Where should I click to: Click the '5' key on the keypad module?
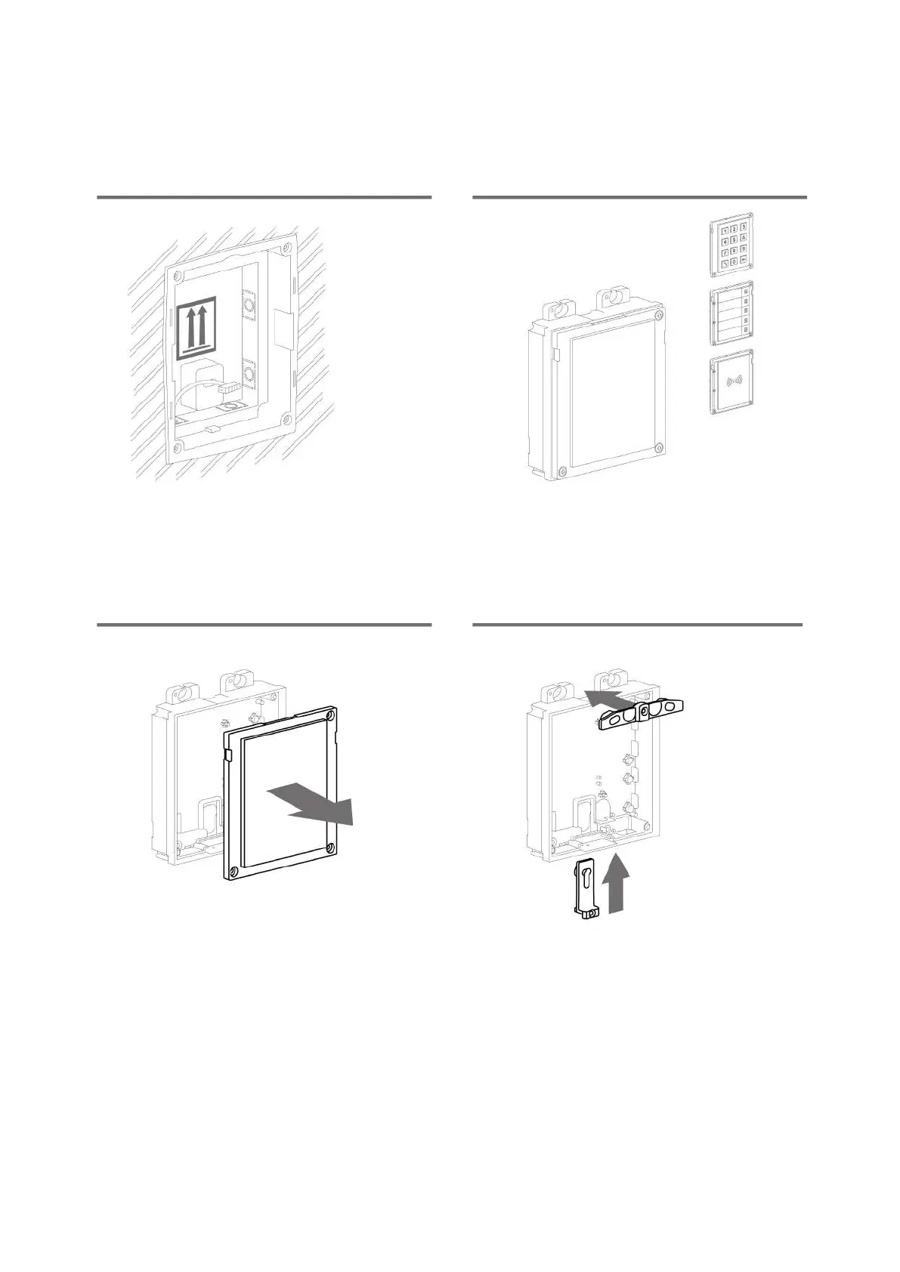[x=733, y=240]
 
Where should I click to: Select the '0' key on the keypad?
[x=733, y=262]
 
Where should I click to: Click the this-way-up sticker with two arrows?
[x=196, y=326]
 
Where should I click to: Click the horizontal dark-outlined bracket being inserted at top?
[x=642, y=712]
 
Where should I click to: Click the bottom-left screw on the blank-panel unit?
[x=560, y=472]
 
